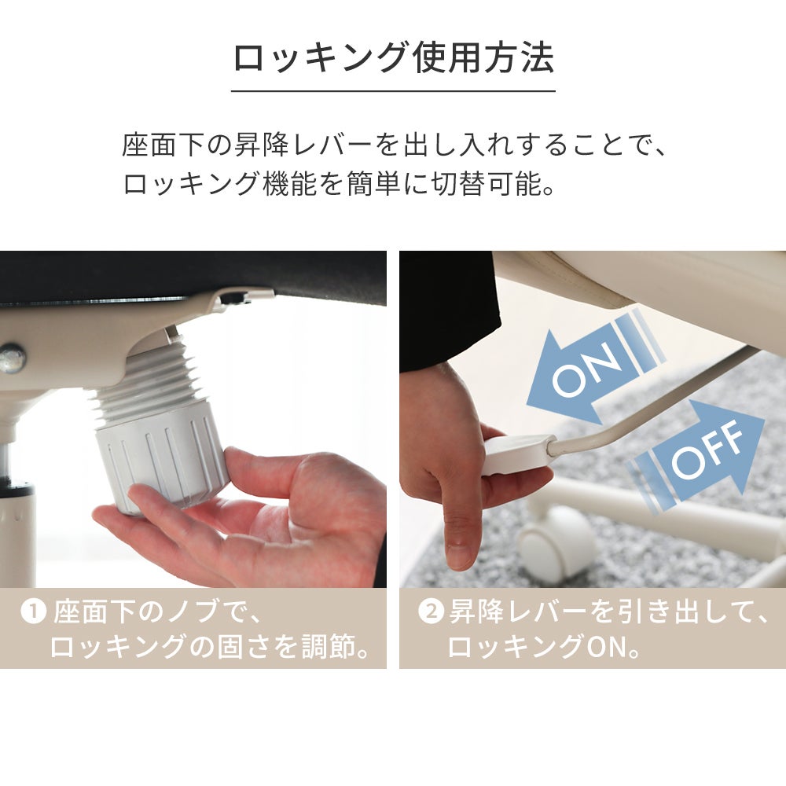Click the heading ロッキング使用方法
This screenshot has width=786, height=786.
tap(394, 58)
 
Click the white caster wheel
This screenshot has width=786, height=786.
tap(556, 543)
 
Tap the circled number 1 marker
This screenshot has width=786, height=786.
tap(34, 612)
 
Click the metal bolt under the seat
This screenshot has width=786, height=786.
tap(12, 358)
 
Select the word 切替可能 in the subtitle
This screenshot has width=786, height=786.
tap(487, 185)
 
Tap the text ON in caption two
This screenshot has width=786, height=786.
tap(606, 647)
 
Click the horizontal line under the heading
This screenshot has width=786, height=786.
tap(393, 91)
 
